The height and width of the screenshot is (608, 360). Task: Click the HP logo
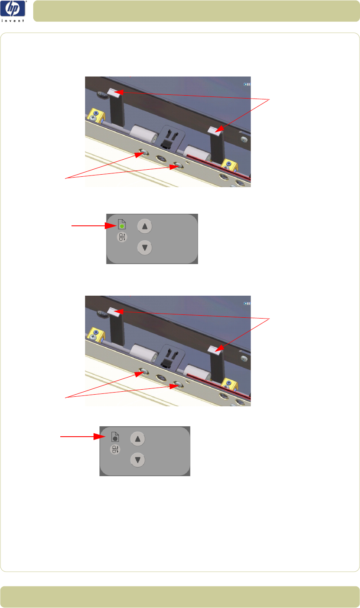pyautogui.click(x=13, y=8)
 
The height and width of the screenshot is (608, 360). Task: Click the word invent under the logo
pyautogui.click(x=13, y=21)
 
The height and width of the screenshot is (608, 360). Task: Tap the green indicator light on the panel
pyautogui.click(x=122, y=226)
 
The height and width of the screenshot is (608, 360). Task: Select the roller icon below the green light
pyautogui.click(x=122, y=237)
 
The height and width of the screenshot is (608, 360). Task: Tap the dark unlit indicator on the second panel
pyautogui.click(x=115, y=438)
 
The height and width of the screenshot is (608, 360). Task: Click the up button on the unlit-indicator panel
pyautogui.click(x=138, y=439)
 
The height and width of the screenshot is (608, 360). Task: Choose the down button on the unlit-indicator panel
pyautogui.click(x=138, y=460)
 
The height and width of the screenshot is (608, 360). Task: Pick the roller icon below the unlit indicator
pyautogui.click(x=115, y=450)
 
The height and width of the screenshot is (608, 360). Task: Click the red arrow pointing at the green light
pyautogui.click(x=94, y=225)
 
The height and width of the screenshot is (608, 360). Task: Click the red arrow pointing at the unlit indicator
pyautogui.click(x=83, y=437)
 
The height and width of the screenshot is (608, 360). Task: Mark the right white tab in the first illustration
pyautogui.click(x=216, y=130)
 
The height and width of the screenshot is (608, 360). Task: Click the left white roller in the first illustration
pyautogui.click(x=143, y=133)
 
